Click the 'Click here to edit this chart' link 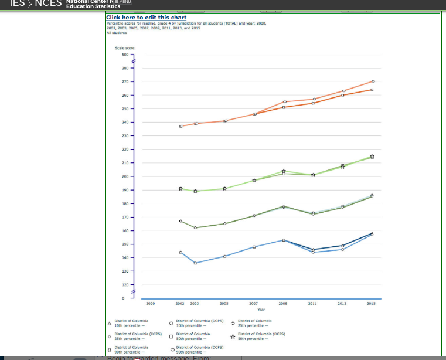click(x=146, y=18)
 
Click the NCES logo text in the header click(x=49, y=4)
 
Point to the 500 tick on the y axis click(x=124, y=55)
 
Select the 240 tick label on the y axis click(x=124, y=122)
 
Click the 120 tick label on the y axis click(x=124, y=284)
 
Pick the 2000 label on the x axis click(x=151, y=304)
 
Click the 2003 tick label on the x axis click(x=195, y=304)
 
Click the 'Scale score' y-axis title click(x=124, y=47)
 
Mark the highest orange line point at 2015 click(x=373, y=81)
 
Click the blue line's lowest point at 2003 click(x=195, y=263)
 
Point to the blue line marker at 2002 click(x=181, y=252)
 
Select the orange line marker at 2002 click(x=181, y=126)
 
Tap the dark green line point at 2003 click(x=195, y=227)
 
